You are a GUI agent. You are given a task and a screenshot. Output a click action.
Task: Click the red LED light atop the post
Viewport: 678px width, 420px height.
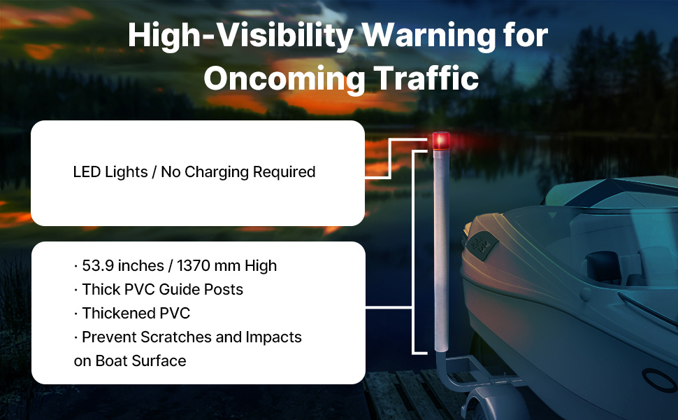point(441,141)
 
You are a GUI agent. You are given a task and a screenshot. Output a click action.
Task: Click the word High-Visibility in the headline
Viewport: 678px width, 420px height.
point(241,36)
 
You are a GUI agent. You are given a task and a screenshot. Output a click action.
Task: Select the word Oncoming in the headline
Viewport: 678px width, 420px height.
point(284,79)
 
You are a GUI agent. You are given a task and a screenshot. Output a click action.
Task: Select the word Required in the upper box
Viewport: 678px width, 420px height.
point(284,172)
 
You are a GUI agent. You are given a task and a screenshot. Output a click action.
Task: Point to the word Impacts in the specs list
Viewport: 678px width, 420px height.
point(274,337)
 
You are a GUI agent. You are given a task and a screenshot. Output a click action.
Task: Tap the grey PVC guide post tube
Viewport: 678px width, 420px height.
point(442,251)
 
